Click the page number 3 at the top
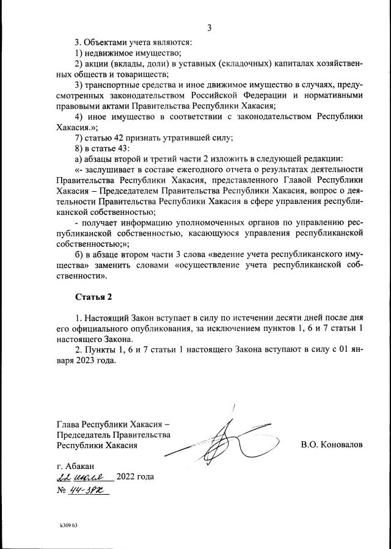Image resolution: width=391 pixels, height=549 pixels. [x=209, y=27]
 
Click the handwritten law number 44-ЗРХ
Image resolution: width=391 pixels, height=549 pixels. [x=87, y=490]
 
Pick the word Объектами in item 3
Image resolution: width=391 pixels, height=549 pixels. [x=104, y=42]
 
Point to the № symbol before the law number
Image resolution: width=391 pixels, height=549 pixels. [x=60, y=490]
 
